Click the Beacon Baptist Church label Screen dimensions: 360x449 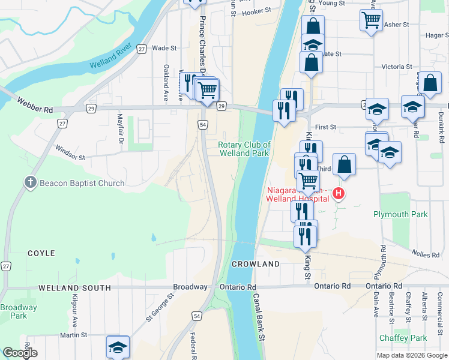[x=83, y=183]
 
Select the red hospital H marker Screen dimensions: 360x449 [x=339, y=193]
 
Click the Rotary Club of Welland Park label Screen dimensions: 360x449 [x=244, y=149]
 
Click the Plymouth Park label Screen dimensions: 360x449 [x=400, y=214]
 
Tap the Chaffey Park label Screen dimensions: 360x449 [x=403, y=338]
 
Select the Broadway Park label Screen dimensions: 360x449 [x=18, y=311]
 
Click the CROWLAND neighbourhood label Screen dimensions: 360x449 [x=256, y=264]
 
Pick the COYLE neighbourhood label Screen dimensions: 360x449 [x=41, y=254]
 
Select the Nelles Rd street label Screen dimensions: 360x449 [x=426, y=254]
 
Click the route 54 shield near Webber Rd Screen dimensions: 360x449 [x=203, y=124]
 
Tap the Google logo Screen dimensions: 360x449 [x=19, y=353]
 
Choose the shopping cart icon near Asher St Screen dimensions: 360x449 [x=371, y=20]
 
